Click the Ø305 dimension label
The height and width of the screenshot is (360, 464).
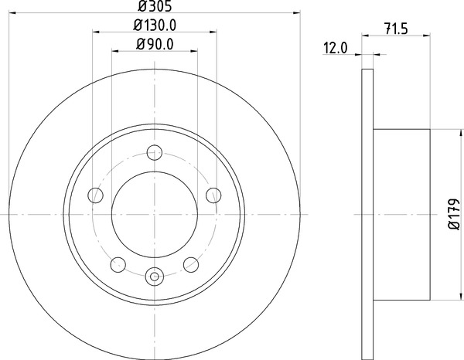pyautogui.click(x=155, y=6)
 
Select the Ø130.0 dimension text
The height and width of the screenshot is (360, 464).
pyautogui.click(x=155, y=25)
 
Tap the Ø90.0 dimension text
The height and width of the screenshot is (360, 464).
pyautogui.click(x=155, y=44)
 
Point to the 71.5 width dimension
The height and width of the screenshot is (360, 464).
pyautogui.click(x=396, y=29)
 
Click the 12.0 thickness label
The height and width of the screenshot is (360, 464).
pyautogui.click(x=336, y=48)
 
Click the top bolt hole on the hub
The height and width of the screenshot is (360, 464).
pyautogui.click(x=155, y=152)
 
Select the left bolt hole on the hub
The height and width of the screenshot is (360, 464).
pyautogui.click(x=96, y=195)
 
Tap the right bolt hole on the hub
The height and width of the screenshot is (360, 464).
pyautogui.click(x=213, y=195)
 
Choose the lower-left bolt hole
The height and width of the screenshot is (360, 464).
pyautogui.click(x=118, y=264)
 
